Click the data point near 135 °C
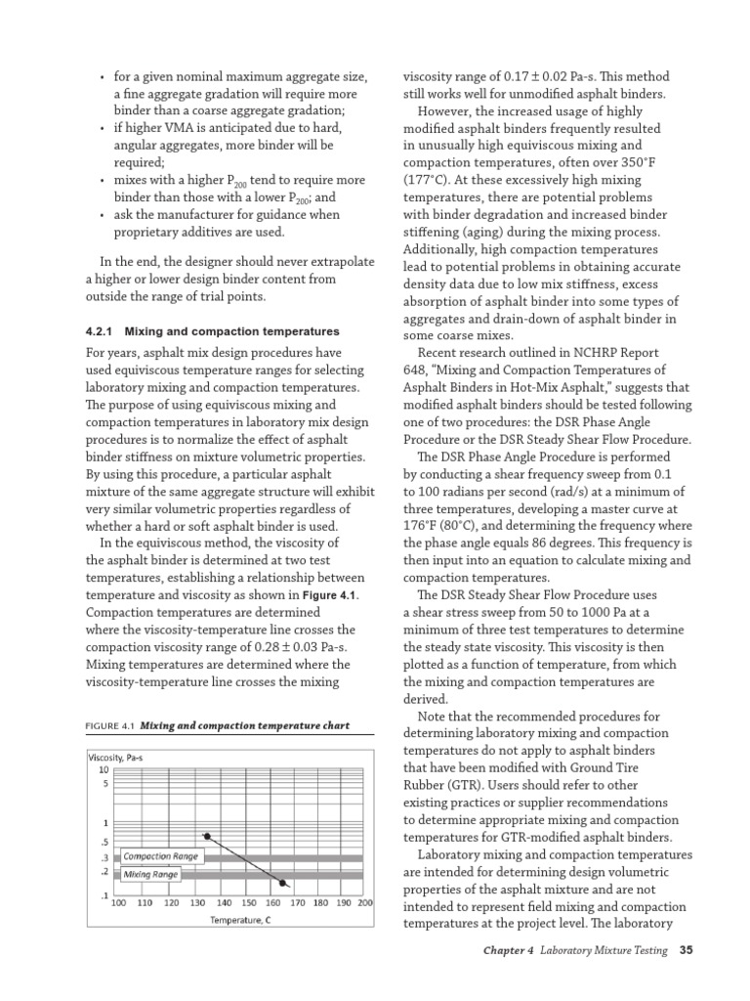tap(206, 836)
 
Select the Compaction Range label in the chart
tap(160, 856)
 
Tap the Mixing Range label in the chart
tap(150, 874)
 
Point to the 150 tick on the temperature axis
tap(250, 903)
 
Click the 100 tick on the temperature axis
tap(118, 903)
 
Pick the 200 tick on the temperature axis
tap(365, 903)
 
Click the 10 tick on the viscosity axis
tap(104, 769)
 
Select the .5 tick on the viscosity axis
tap(104, 842)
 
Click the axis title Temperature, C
tap(240, 921)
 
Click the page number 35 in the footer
tap(686, 949)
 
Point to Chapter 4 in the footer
tap(508, 949)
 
